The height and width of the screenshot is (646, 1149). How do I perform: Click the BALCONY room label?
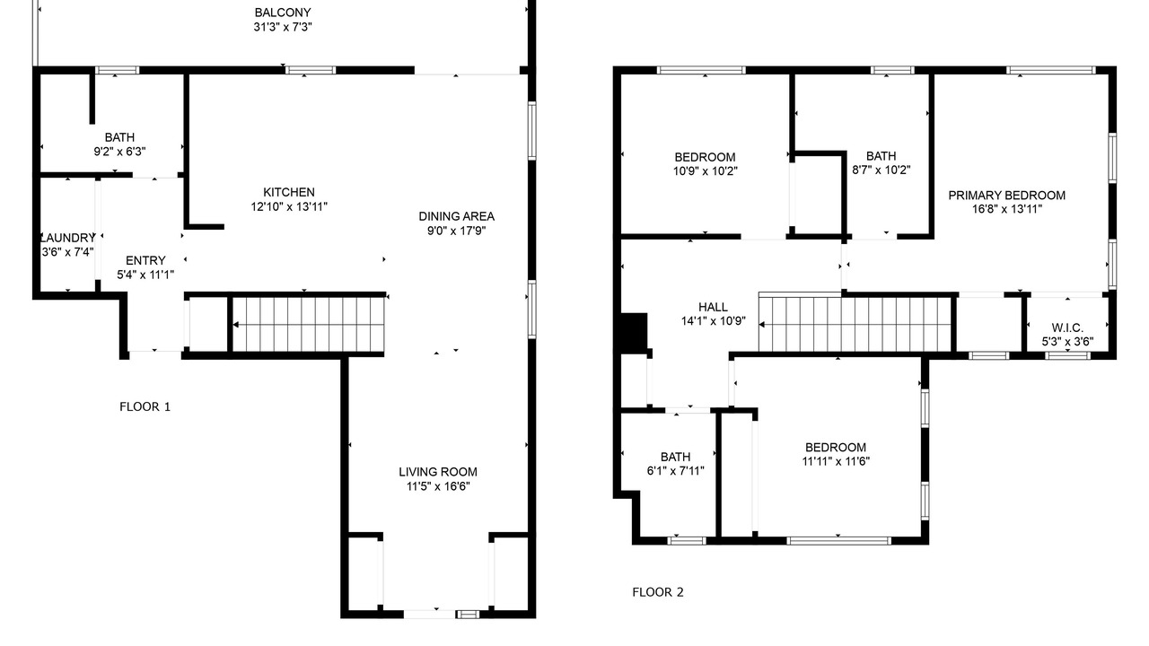283,13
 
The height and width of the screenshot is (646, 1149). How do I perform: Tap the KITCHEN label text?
289,192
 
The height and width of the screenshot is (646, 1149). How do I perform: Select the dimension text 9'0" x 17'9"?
457,231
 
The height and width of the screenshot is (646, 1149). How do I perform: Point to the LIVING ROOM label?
438,472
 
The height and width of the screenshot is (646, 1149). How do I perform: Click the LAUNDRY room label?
67,238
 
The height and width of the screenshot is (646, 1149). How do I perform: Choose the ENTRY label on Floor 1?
145,260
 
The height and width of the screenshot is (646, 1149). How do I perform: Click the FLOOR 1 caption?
145,406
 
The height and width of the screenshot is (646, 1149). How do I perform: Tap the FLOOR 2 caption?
658,592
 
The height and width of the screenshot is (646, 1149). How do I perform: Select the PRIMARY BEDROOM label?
1007,196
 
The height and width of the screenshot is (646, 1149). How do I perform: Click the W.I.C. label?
1067,327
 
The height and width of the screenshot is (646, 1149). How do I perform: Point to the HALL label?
713,307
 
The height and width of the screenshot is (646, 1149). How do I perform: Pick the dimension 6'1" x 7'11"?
676,471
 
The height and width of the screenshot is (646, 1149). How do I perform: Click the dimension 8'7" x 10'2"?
881,170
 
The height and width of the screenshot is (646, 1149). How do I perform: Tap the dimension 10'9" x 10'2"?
706,170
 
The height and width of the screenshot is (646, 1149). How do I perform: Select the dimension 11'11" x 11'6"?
836,461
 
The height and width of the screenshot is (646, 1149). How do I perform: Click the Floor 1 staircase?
308,325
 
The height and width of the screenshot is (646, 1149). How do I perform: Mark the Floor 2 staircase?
855,325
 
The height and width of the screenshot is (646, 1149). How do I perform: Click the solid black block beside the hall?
634,331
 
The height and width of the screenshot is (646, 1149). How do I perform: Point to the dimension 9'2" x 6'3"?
119,152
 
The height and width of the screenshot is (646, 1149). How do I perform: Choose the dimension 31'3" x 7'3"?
283,27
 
